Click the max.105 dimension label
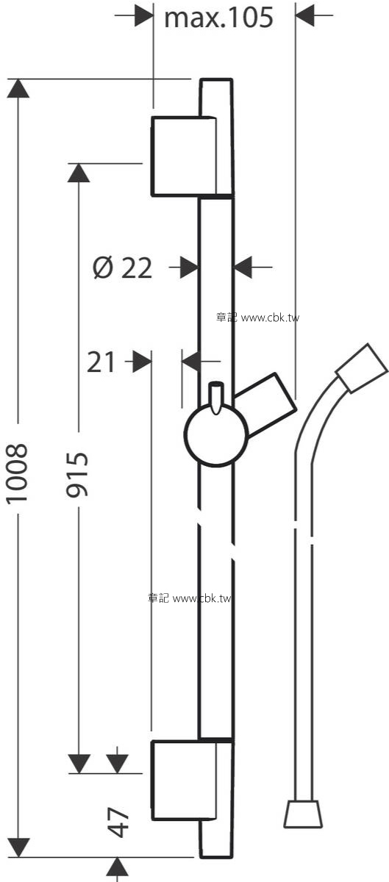coord(218,18)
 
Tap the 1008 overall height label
coord(18,473)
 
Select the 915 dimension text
coord(77,475)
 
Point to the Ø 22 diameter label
coord(123,268)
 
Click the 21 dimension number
coord(101,362)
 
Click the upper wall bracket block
coord(185,156)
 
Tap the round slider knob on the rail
coord(216,435)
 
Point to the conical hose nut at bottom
coord(303,814)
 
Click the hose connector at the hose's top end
coord(362,368)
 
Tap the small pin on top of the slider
coord(215,398)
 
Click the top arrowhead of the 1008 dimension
coord(18,88)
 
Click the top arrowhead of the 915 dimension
coord(79,173)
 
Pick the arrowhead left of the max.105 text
coord(143,15)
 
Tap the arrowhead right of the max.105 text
coord(304,15)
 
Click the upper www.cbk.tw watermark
coord(270,318)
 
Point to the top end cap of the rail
coord(216,98)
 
